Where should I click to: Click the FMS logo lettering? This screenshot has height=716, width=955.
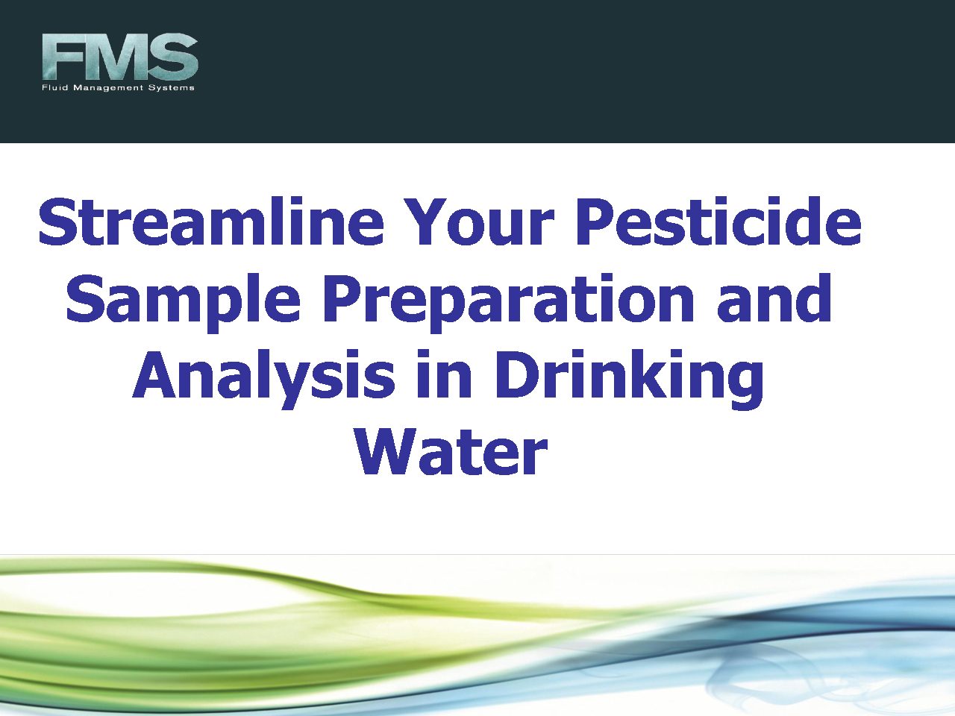click(120, 57)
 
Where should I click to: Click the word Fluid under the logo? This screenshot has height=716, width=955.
click(54, 87)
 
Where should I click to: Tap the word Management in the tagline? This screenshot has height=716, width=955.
click(108, 88)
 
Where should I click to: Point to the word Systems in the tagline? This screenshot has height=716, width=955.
click(172, 88)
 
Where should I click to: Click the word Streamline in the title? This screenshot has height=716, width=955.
click(211, 222)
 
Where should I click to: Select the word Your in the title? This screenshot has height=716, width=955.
click(480, 222)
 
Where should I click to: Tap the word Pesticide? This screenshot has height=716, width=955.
click(718, 222)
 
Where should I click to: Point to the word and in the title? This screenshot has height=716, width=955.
click(774, 298)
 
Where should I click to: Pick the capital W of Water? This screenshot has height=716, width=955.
click(384, 451)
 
